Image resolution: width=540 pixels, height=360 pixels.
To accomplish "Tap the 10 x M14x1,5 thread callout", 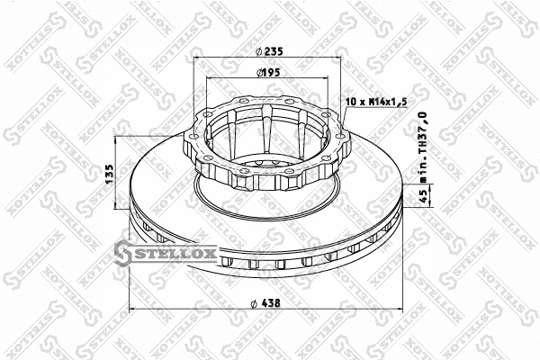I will coord(376,103).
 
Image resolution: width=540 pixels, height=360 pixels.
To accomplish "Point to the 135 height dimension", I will coord(110,172).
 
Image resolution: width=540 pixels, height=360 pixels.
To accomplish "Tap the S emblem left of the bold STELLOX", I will coord(127,256).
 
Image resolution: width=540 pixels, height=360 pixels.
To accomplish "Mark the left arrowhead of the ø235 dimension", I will coord(197,59).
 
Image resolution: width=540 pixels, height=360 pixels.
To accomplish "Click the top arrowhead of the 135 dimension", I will coord(118,140).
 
